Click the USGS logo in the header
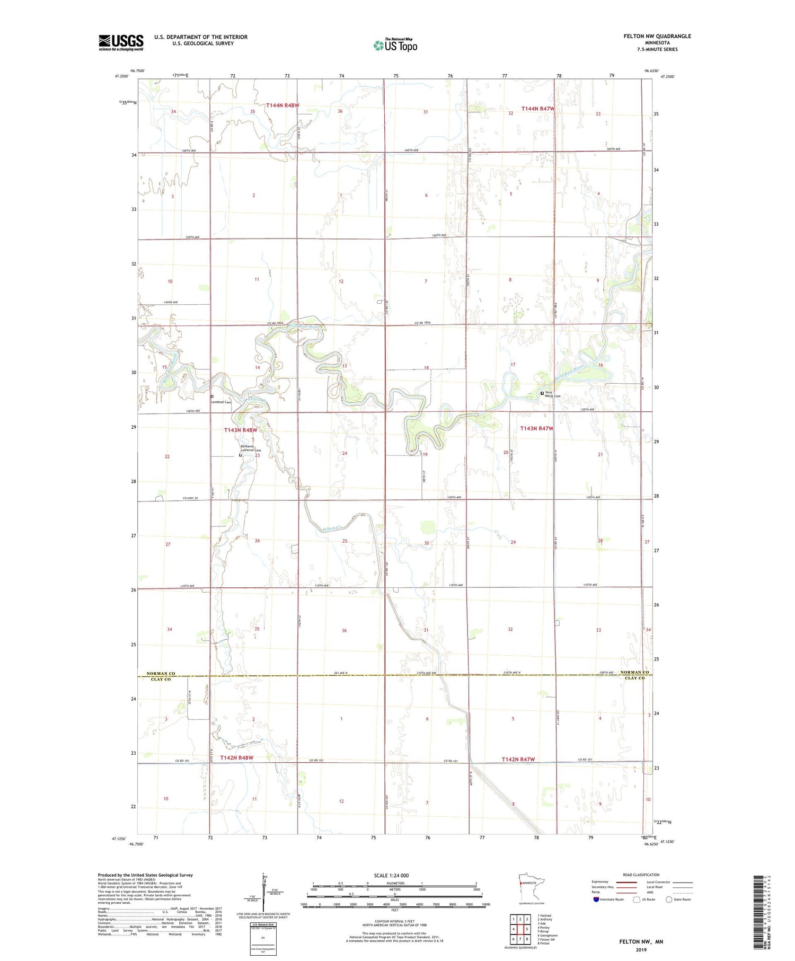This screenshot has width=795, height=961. point(121,42)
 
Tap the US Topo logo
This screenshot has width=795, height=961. point(395,46)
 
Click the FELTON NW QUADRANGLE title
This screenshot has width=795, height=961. point(657,36)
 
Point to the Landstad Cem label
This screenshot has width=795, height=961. point(222,402)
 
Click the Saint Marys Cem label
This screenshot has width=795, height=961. point(553,394)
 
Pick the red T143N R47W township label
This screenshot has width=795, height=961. point(536,428)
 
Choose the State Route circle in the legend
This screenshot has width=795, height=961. point(669,900)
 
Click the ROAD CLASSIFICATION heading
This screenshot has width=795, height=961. point(641,875)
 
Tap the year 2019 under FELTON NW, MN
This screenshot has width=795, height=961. point(641,949)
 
